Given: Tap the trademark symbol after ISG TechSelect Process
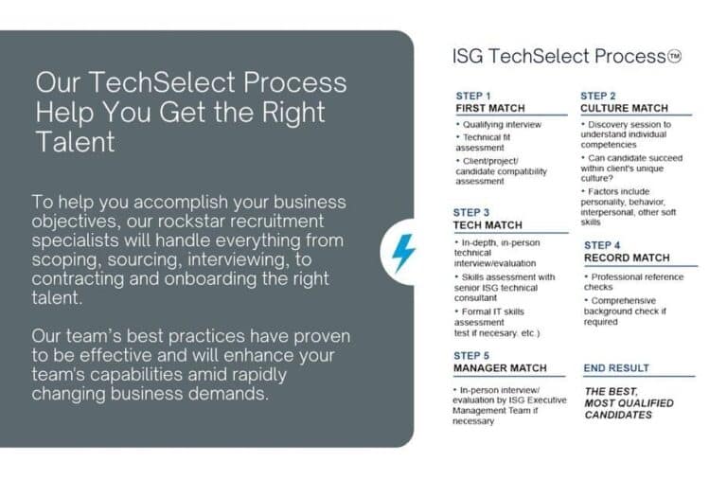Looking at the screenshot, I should coord(674,56).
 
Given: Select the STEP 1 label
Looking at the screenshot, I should coord(473,96).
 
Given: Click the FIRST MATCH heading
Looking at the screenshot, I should coord(490,108).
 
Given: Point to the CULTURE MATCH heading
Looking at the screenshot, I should coord(624,108).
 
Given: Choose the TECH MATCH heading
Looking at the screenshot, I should coord(488,225).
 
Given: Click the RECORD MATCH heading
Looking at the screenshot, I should coord(627,258).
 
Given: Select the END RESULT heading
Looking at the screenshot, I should coord(616,367).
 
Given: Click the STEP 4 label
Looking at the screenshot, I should coord(602,245).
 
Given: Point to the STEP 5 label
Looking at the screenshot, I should coord(471,355).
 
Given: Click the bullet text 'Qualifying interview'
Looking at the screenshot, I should coord(501,124).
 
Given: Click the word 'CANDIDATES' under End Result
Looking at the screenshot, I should coord(618,415).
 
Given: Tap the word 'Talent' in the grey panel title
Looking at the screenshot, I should coord(75,142).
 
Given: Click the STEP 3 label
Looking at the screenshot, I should coord(471,213).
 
